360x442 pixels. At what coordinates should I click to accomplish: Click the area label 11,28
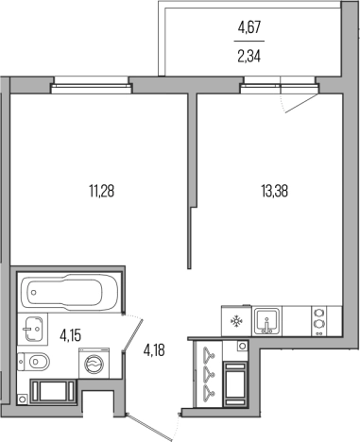pyautogui.click(x=101, y=191)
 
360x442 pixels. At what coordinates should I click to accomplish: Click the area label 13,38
pyautogui.click(x=274, y=191)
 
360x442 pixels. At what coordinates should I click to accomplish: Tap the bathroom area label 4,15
pyautogui.click(x=71, y=335)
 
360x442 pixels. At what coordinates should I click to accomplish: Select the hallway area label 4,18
pyautogui.click(x=154, y=349)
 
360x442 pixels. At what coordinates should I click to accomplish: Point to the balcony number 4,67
pyautogui.click(x=249, y=27)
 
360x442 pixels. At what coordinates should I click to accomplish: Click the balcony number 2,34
pyautogui.click(x=249, y=57)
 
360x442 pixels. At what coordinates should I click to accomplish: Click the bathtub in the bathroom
pyautogui.click(x=69, y=293)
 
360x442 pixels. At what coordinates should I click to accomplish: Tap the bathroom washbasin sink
pyautogui.click(x=32, y=329)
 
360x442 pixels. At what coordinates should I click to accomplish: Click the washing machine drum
pyautogui.click(x=94, y=364)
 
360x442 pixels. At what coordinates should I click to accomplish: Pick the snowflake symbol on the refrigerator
pyautogui.click(x=235, y=321)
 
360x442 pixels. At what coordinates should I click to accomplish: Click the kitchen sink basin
pyautogui.click(x=266, y=321)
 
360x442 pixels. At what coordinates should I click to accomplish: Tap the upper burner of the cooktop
pyautogui.click(x=319, y=314)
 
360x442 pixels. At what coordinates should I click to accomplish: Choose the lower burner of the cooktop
pyautogui.click(x=319, y=324)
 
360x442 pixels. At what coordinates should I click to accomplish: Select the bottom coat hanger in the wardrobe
pyautogui.click(x=208, y=391)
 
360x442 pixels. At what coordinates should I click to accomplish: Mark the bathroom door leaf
pyautogui.click(x=133, y=334)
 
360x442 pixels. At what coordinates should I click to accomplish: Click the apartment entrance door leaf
pyautogui.click(x=150, y=427)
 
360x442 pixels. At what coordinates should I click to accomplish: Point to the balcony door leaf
pyautogui.click(x=300, y=103)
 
